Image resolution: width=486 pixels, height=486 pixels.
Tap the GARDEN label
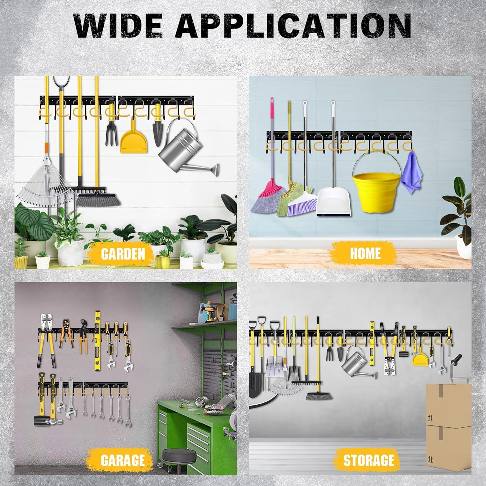[x=123, y=254]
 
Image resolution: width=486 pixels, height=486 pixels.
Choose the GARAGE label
[x=122, y=460]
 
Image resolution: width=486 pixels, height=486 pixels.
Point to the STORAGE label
[x=368, y=460]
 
